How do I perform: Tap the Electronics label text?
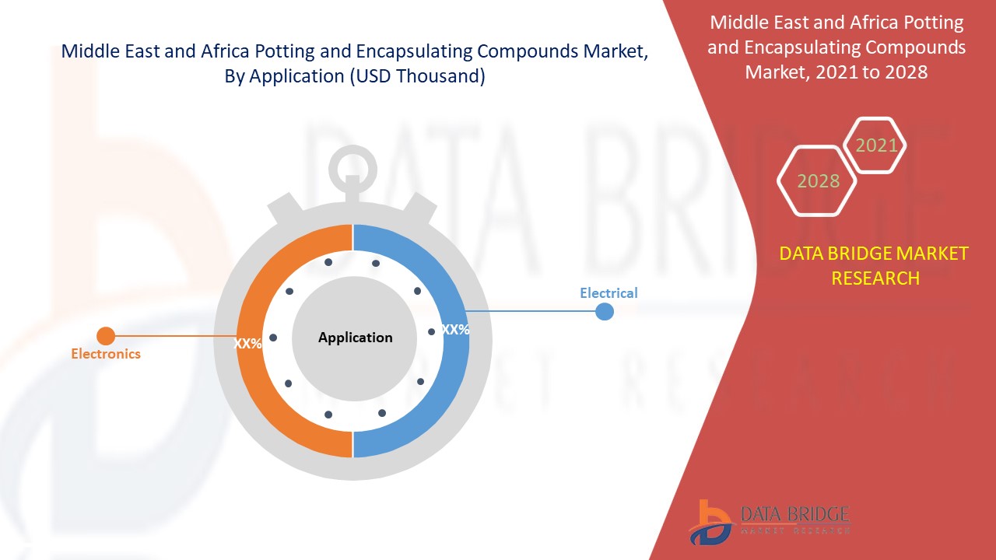pos(106,354)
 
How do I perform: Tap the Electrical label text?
pos(608,293)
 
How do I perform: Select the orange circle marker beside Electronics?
pos(106,336)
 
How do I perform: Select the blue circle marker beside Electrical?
pos(605,311)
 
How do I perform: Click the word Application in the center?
pos(355,338)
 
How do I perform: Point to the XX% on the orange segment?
pos(248,343)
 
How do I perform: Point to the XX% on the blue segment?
pos(455,330)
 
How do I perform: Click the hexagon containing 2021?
pos(876,145)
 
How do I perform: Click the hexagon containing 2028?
pos(818,181)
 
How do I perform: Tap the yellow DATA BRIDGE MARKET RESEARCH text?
pos(875,265)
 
